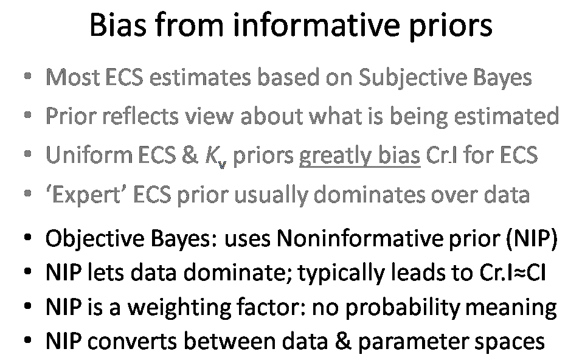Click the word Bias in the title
(118, 25)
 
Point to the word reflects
(140, 116)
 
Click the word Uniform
(89, 154)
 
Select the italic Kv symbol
(216, 156)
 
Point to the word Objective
(94, 239)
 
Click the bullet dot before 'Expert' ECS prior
(27, 193)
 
